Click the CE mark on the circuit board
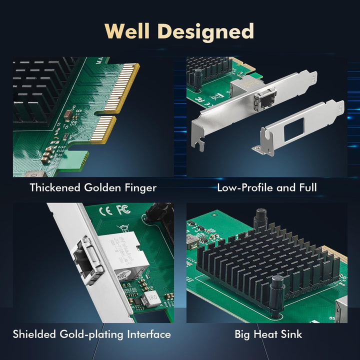click(x=106, y=210)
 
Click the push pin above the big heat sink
click(x=259, y=218)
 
